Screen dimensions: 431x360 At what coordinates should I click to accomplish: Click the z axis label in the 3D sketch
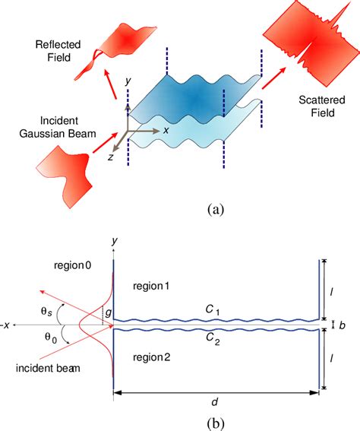[x=112, y=157]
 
